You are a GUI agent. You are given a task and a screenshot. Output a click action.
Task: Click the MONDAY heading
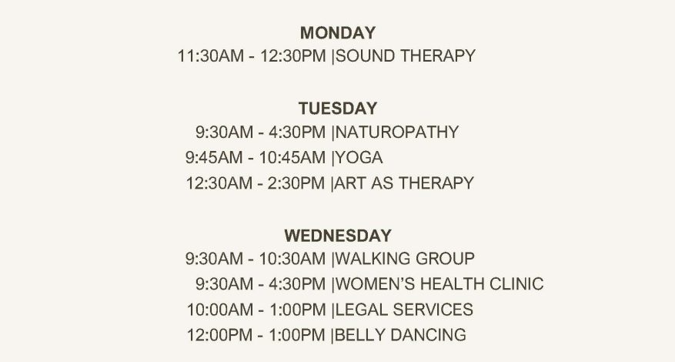click(x=337, y=33)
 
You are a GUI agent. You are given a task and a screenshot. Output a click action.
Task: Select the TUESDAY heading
click(x=338, y=109)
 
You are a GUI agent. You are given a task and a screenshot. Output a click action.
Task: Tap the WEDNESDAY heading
click(x=338, y=236)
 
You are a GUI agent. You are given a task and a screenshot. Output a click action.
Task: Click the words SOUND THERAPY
click(x=405, y=56)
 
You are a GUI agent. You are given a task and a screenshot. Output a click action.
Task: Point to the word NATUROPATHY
click(x=397, y=132)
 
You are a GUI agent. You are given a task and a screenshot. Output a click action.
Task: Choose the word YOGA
click(x=359, y=158)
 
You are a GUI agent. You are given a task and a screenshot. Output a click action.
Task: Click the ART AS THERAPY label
click(x=404, y=183)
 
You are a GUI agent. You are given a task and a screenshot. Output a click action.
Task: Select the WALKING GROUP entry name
click(x=405, y=259)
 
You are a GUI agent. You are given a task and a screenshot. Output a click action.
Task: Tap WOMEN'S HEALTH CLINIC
click(x=439, y=284)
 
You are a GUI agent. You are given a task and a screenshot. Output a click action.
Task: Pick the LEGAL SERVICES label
click(x=404, y=310)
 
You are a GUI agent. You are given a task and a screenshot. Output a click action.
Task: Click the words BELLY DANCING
click(x=400, y=335)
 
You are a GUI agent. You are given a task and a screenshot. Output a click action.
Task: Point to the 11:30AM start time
click(x=211, y=56)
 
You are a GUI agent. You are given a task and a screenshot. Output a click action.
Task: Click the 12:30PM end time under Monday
click(x=292, y=56)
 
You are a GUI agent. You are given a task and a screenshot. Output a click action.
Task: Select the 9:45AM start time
click(x=214, y=158)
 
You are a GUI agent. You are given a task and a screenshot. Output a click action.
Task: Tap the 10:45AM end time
click(x=292, y=158)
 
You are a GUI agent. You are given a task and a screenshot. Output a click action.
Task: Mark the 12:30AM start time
click(x=219, y=183)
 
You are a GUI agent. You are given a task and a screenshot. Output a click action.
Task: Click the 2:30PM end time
click(x=296, y=183)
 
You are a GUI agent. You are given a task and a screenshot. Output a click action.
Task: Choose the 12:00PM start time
click(x=220, y=335)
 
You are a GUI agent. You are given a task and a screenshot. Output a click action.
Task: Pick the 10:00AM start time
click(x=220, y=310)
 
